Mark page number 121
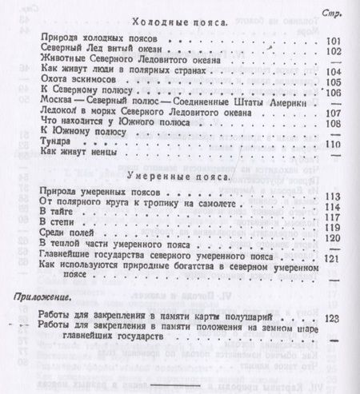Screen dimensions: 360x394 pyautogui.click(x=331, y=261)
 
